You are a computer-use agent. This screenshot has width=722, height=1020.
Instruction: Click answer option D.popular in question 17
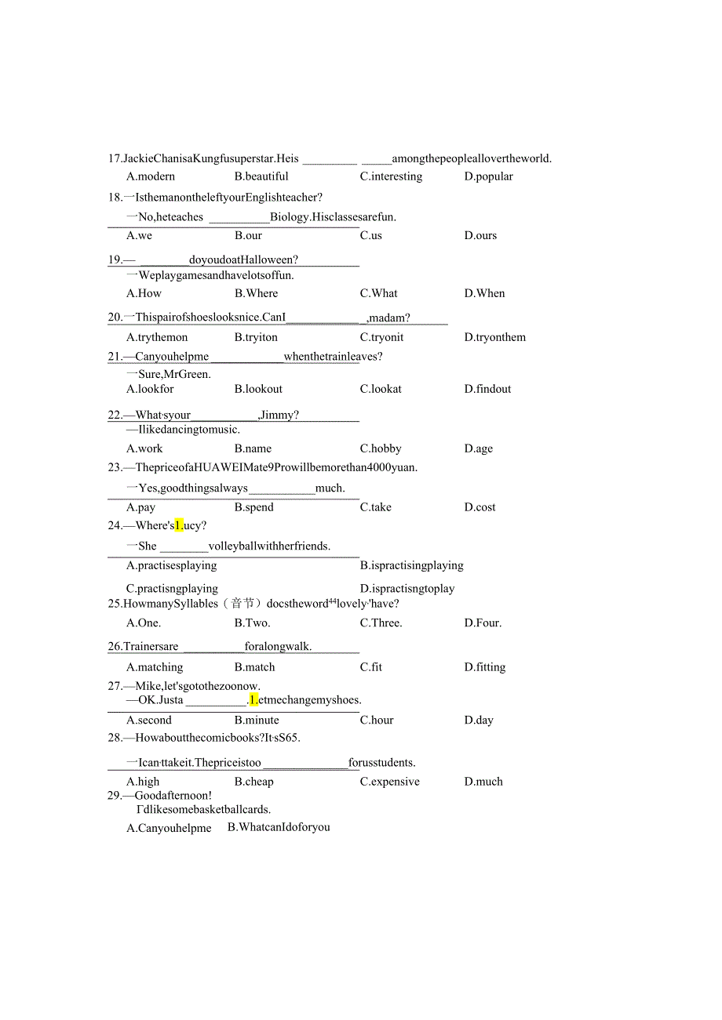pyautogui.click(x=488, y=176)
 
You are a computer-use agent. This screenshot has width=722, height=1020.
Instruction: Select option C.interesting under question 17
pyautogui.click(x=391, y=176)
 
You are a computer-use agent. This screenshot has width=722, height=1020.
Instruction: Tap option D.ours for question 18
pyautogui.click(x=480, y=235)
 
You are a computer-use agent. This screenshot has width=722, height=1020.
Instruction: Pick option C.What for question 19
pyautogui.click(x=378, y=293)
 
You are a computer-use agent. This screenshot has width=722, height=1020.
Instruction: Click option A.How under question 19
pyautogui.click(x=144, y=293)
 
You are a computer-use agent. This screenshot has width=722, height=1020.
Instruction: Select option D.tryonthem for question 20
pyautogui.click(x=494, y=337)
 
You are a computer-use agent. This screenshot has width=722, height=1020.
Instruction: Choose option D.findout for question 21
pyautogui.click(x=487, y=389)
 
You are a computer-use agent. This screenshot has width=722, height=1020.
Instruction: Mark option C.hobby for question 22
pyautogui.click(x=381, y=448)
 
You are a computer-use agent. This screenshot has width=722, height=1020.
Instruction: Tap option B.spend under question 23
pyautogui.click(x=253, y=507)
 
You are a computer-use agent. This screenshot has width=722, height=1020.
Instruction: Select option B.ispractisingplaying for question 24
pyautogui.click(x=411, y=565)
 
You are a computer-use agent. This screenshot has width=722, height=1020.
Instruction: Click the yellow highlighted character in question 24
pyautogui.click(x=179, y=525)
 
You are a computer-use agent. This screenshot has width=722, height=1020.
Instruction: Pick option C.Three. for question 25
pyautogui.click(x=381, y=623)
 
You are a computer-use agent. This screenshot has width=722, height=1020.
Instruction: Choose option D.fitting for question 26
pyautogui.click(x=484, y=667)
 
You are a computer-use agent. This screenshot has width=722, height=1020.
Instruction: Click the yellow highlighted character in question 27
pyautogui.click(x=253, y=700)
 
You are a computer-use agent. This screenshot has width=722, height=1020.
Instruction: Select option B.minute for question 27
pyautogui.click(x=257, y=720)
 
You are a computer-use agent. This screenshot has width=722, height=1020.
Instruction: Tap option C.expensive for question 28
pyautogui.click(x=389, y=782)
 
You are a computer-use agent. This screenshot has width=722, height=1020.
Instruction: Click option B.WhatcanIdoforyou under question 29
pyautogui.click(x=279, y=827)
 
